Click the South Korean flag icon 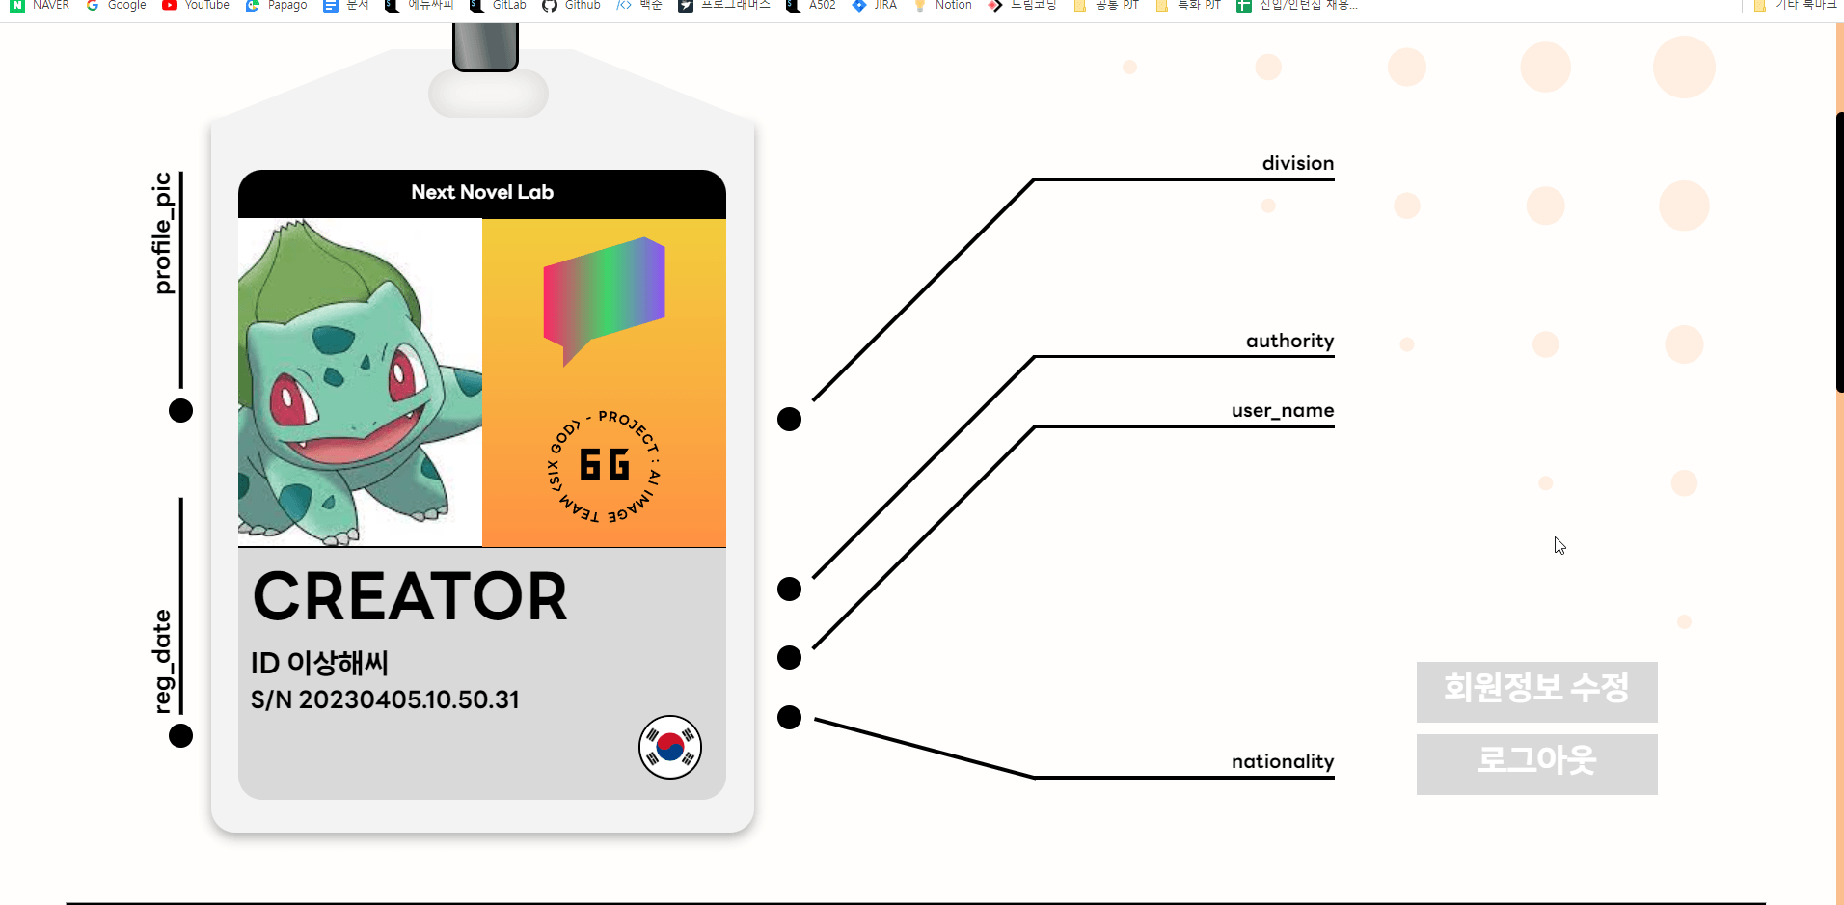point(670,747)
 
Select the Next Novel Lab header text point(482,192)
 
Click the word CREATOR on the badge point(410,596)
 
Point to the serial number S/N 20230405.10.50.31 point(385,699)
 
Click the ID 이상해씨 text point(319,663)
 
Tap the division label point(1297,163)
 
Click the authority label point(1289,341)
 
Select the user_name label point(1282,410)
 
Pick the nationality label point(1282,761)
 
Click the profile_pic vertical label point(163,233)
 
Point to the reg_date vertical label point(163,662)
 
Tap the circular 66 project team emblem point(604,465)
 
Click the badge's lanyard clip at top point(485,46)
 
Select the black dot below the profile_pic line point(180,410)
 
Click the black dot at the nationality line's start point(789,717)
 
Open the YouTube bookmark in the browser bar point(197,5)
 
